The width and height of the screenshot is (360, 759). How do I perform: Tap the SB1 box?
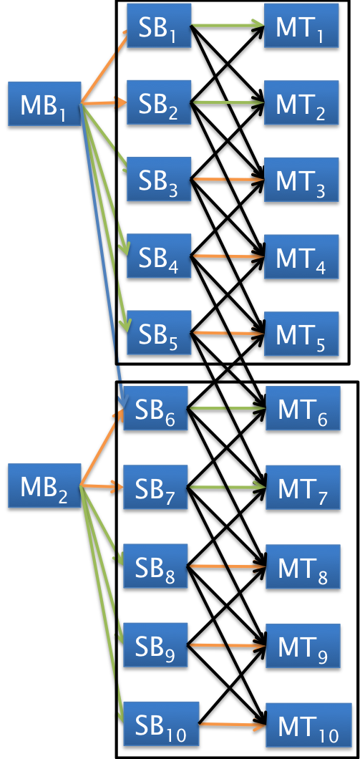tap(159, 25)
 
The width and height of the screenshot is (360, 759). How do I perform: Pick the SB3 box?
tap(159, 179)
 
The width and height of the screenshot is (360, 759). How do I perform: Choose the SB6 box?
tap(155, 408)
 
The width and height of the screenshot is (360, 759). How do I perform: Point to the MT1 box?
tap(301, 26)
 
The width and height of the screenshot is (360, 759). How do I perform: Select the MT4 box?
tap(301, 256)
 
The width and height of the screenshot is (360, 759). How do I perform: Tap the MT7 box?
tap(302, 487)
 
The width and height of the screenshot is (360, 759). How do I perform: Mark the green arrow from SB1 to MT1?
tap(228, 26)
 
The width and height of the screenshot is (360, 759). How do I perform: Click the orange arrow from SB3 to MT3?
tap(228, 179)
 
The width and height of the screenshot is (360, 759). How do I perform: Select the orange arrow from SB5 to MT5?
tap(228, 333)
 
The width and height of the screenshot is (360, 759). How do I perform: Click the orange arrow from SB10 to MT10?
tap(232, 725)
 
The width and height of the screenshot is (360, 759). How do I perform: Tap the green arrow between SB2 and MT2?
tap(228, 102)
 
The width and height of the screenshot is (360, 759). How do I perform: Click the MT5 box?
tap(301, 333)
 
